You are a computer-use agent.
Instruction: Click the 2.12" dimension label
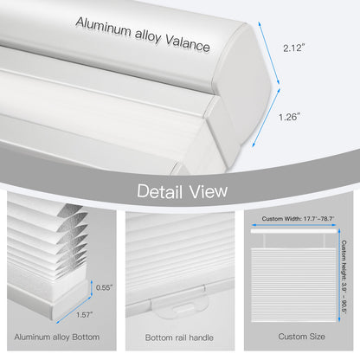[293, 48]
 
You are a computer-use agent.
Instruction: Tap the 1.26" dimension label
[289, 117]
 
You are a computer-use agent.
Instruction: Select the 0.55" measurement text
[104, 287]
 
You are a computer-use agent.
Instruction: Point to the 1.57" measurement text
[85, 315]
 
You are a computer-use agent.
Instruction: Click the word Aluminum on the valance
[103, 27]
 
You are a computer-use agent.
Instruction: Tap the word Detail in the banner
[160, 191]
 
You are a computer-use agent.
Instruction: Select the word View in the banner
[209, 191]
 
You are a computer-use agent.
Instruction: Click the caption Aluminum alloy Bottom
[57, 337]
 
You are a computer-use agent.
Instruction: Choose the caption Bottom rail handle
[179, 337]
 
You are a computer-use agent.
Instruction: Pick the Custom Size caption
[301, 337]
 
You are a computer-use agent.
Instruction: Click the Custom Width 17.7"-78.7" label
[298, 219]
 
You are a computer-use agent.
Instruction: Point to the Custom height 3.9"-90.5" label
[344, 277]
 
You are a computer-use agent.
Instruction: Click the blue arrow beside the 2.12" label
[269, 53]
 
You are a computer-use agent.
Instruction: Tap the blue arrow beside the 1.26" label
[267, 118]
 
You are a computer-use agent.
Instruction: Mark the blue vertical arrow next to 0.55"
[92, 288]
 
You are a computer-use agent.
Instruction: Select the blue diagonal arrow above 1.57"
[74, 310]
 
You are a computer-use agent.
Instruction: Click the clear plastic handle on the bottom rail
[179, 303]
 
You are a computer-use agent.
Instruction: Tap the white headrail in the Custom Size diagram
[293, 231]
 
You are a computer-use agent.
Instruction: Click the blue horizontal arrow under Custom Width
[293, 225]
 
